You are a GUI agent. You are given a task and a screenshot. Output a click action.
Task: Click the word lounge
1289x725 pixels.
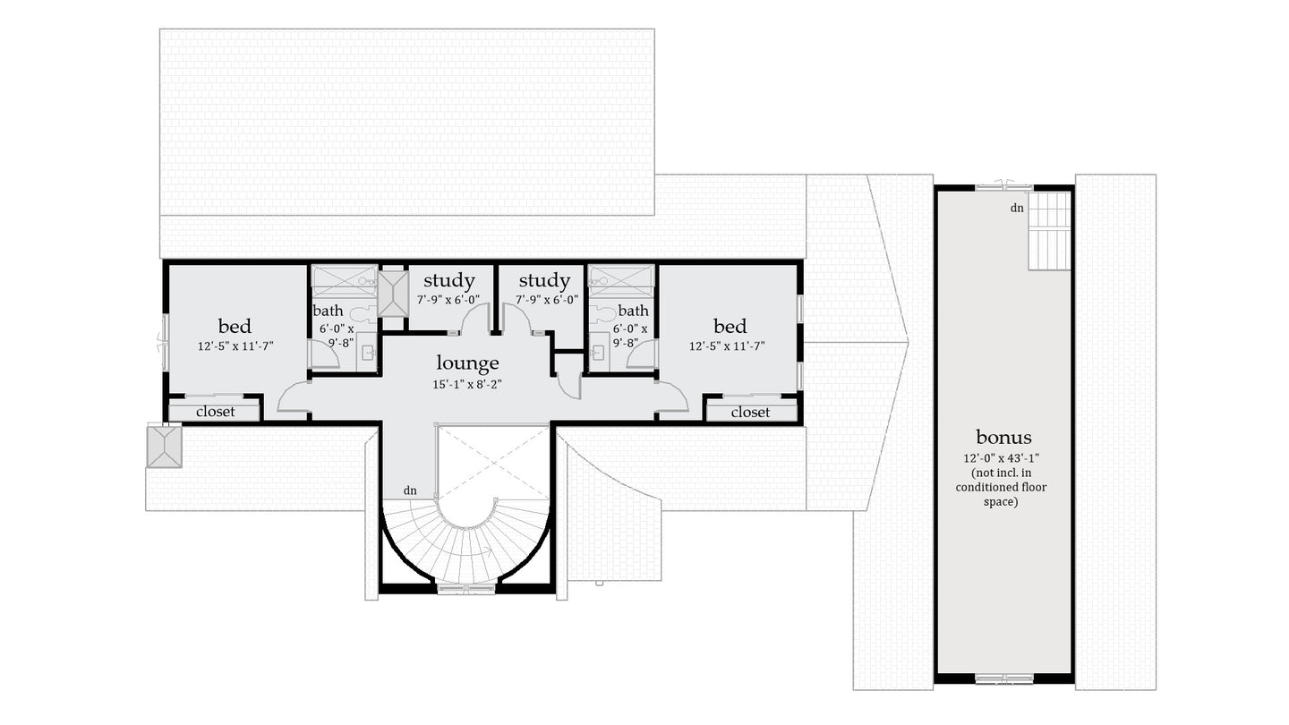[467, 363]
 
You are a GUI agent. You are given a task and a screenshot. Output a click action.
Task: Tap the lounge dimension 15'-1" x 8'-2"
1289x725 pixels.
[467, 386]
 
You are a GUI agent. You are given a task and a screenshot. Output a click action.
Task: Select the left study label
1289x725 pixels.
[449, 281]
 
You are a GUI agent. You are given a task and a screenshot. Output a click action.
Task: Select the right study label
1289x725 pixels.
[544, 281]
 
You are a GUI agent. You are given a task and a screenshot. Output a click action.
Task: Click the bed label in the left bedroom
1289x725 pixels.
[235, 326]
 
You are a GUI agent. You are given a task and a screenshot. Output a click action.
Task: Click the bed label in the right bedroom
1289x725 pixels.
[730, 326]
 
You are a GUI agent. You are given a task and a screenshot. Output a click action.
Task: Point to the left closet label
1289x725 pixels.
[215, 412]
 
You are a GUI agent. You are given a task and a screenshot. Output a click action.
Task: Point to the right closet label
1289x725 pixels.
[750, 412]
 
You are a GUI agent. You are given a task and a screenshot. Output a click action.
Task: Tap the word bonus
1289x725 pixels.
[1003, 438]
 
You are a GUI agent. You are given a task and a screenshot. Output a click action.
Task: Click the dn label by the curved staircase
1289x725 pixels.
[410, 490]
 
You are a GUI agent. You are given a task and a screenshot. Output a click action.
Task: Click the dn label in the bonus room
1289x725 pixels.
[1017, 208]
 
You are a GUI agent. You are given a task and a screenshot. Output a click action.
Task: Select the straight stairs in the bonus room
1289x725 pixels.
[1049, 231]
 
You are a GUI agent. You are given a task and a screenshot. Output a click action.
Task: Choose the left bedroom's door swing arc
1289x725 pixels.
[294, 398]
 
